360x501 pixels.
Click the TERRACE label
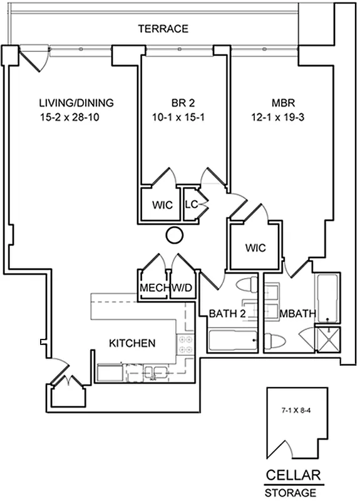163,29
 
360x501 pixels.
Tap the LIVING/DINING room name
76,103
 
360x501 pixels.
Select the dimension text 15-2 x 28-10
76,117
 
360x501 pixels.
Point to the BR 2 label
183,103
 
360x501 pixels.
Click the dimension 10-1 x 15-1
183,117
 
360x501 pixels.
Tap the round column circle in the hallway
175,235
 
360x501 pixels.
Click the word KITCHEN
132,343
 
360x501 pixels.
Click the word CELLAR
294,474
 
